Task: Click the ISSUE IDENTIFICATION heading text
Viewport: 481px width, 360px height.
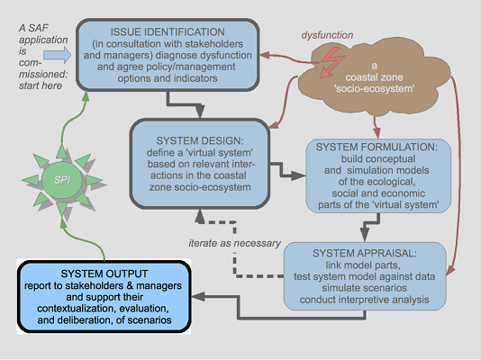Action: tap(168, 31)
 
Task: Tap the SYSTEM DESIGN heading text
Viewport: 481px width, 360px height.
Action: tap(199, 141)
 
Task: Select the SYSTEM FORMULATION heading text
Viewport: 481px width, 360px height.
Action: tap(377, 147)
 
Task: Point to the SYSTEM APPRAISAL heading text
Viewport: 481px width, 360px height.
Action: tap(365, 254)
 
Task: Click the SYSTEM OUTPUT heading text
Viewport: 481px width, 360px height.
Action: tap(104, 274)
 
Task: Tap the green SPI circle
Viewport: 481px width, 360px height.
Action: tap(62, 180)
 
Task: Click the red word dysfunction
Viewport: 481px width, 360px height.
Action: tap(327, 35)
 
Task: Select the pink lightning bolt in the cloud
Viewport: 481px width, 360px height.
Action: tap(331, 63)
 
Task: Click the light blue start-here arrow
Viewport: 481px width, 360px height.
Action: tap(58, 55)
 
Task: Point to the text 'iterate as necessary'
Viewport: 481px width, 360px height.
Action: tap(235, 243)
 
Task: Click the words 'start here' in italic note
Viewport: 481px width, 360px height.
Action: tap(41, 85)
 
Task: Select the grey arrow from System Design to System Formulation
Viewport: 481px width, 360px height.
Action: tap(287, 171)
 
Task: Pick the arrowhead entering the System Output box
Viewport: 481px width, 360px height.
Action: tap(198, 296)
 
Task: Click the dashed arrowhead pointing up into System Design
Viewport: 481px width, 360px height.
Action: tap(200, 216)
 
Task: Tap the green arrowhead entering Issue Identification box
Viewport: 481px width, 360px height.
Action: tap(86, 96)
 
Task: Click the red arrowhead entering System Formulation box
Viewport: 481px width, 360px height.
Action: tap(377, 133)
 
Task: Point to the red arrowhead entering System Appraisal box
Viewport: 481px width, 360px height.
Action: tap(450, 270)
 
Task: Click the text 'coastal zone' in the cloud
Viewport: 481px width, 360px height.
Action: tap(374, 77)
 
